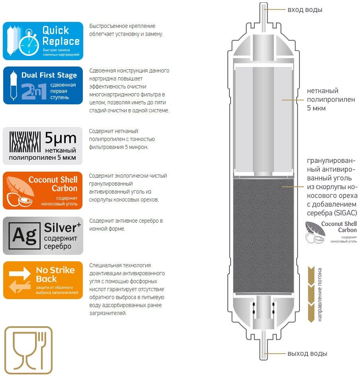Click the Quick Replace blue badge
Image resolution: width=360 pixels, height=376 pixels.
[x=43, y=41]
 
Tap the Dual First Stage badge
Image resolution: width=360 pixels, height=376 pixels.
[x=43, y=85]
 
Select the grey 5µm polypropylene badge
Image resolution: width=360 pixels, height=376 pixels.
[x=43, y=146]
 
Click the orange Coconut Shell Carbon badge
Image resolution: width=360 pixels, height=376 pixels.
[x=43, y=190]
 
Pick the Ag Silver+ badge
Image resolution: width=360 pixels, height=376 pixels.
[x=43, y=235]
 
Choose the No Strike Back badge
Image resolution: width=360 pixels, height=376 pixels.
[x=43, y=280]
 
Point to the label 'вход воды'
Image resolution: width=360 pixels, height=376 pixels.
[x=305, y=10]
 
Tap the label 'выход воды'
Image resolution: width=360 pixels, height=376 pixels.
[x=307, y=354]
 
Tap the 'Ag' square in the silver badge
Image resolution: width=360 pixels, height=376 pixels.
[x=25, y=236]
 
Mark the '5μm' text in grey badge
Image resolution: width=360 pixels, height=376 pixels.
[x=60, y=138]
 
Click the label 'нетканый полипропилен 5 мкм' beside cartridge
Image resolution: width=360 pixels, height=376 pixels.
[x=331, y=100]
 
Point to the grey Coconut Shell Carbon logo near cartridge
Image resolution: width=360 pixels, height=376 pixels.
[x=331, y=232]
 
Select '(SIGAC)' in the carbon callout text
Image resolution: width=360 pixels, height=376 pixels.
[x=344, y=213]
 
